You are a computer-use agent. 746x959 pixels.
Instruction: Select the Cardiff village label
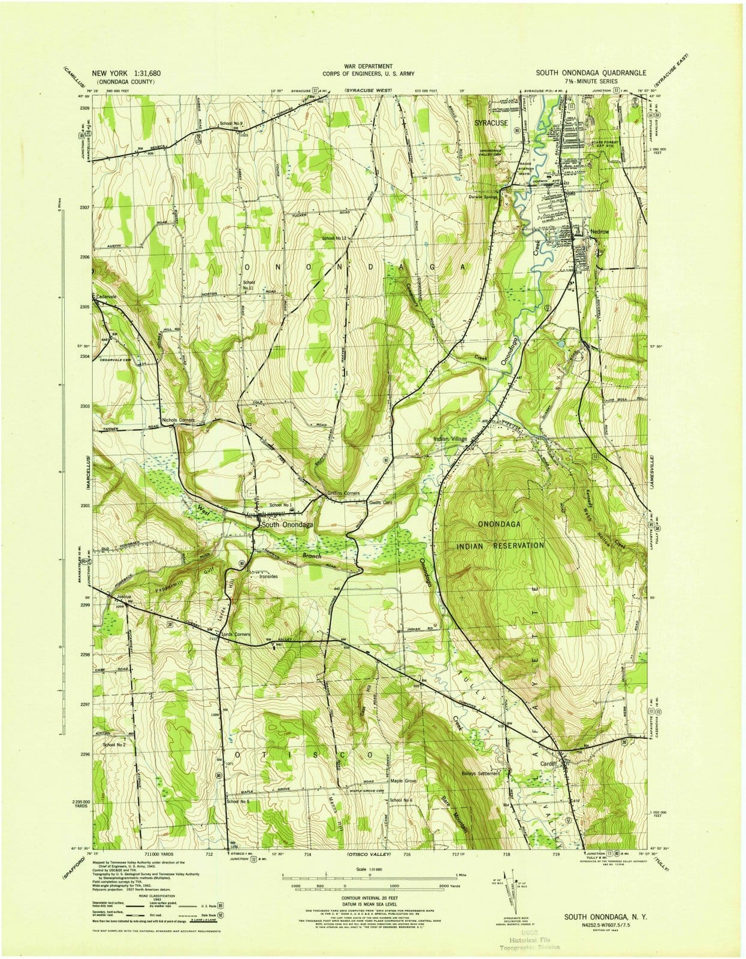(549, 764)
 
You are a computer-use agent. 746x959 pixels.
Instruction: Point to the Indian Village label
(450, 439)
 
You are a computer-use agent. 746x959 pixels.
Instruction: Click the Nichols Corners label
(179, 420)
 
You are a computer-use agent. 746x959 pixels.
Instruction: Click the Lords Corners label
(235, 634)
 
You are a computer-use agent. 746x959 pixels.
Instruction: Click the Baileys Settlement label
(480, 773)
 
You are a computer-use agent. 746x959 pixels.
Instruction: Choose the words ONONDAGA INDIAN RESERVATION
(501, 535)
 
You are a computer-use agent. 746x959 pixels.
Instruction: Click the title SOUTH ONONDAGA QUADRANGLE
(591, 73)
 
